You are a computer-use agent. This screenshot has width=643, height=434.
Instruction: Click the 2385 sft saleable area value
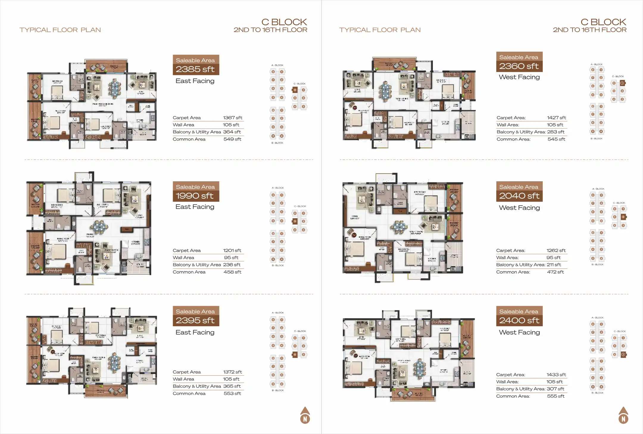[195, 69]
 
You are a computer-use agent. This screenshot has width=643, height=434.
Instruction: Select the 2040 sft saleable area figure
[519, 196]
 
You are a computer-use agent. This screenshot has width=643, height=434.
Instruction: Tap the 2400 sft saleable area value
[519, 321]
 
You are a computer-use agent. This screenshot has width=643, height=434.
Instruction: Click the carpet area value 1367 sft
[232, 118]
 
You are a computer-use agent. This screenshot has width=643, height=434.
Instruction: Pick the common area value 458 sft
[232, 272]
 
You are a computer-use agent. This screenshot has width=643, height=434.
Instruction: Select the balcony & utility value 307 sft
[555, 389]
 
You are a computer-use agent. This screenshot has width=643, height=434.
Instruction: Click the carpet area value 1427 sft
[556, 118]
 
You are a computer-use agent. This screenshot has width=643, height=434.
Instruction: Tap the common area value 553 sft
[232, 394]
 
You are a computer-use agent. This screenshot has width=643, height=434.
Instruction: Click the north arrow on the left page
[305, 415]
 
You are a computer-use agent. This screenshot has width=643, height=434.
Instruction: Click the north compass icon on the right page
[623, 415]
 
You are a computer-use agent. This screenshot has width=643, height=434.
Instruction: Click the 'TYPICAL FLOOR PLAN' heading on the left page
[60, 30]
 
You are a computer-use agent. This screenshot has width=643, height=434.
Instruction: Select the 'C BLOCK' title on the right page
[603, 22]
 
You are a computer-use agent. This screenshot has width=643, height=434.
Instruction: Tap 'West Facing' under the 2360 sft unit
[519, 77]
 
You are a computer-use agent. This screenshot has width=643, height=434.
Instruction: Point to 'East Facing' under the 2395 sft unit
[195, 332]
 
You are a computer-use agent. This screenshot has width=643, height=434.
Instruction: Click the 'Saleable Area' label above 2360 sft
[519, 57]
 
